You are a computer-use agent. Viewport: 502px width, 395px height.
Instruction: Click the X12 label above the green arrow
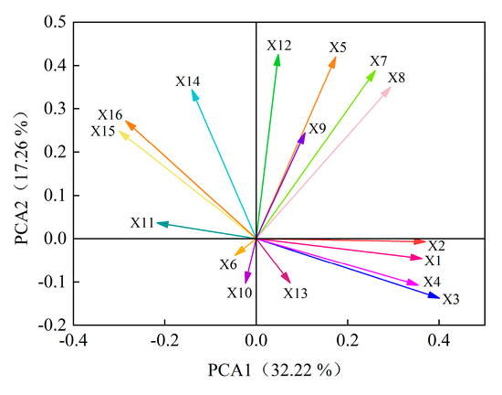(x=279, y=45)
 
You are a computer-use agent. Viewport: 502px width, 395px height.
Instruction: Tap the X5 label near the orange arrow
(x=338, y=47)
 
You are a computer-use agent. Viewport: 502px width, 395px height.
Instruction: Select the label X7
(x=378, y=61)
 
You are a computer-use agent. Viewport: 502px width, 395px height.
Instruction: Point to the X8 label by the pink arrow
(x=396, y=78)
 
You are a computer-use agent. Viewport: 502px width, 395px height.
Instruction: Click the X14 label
(x=188, y=81)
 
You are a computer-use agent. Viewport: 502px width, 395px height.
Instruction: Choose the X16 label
(x=110, y=114)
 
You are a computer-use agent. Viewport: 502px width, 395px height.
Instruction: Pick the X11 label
(x=141, y=222)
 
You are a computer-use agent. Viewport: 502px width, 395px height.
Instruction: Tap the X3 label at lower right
(x=451, y=299)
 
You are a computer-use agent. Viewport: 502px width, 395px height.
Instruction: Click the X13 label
(x=295, y=294)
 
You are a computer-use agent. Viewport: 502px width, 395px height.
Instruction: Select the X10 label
(x=239, y=293)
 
